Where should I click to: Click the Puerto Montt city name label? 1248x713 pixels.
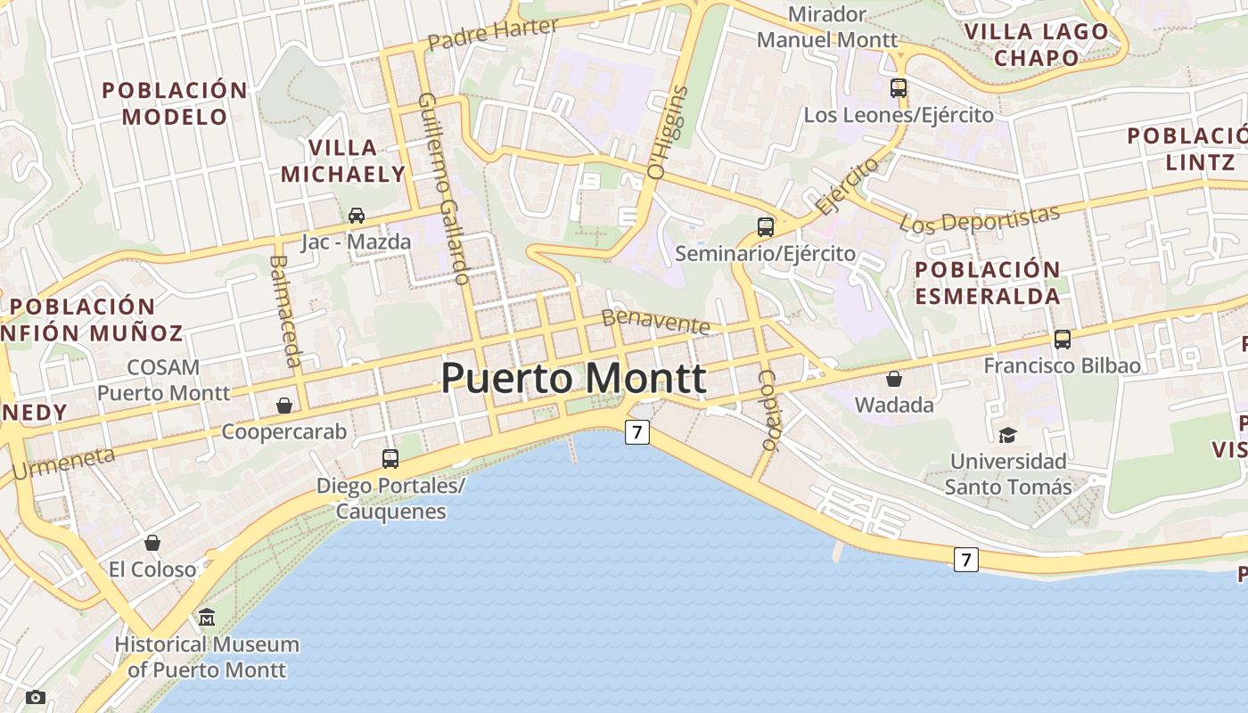coord(573,379)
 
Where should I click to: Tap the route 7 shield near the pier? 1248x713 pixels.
coord(636,433)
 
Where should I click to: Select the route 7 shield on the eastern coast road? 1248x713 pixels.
coord(965,560)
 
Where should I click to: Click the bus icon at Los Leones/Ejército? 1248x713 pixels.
coord(899,88)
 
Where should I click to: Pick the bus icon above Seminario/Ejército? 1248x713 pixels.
coord(766,226)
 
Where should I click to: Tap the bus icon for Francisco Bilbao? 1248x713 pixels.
coord(1062,339)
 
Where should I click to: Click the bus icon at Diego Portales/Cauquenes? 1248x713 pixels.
coord(390,459)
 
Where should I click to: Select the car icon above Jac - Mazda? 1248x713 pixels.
coord(357,215)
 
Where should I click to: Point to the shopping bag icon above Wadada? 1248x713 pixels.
coord(894,379)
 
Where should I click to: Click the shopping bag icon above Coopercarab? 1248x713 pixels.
coord(284,406)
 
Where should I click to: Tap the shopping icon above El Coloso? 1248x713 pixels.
coord(152,542)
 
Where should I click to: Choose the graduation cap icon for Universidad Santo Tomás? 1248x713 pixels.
coord(1007,435)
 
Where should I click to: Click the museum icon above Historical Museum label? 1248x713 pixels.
coord(207,617)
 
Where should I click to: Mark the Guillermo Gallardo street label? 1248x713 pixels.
coord(443,188)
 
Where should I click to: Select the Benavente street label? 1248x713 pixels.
coord(655,321)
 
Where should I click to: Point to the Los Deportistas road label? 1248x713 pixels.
coord(980,219)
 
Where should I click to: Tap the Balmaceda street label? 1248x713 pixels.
coord(284,311)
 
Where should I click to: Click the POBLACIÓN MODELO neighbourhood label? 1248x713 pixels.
coord(175,103)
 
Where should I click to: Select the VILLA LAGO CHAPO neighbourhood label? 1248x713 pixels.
coord(1037,45)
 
